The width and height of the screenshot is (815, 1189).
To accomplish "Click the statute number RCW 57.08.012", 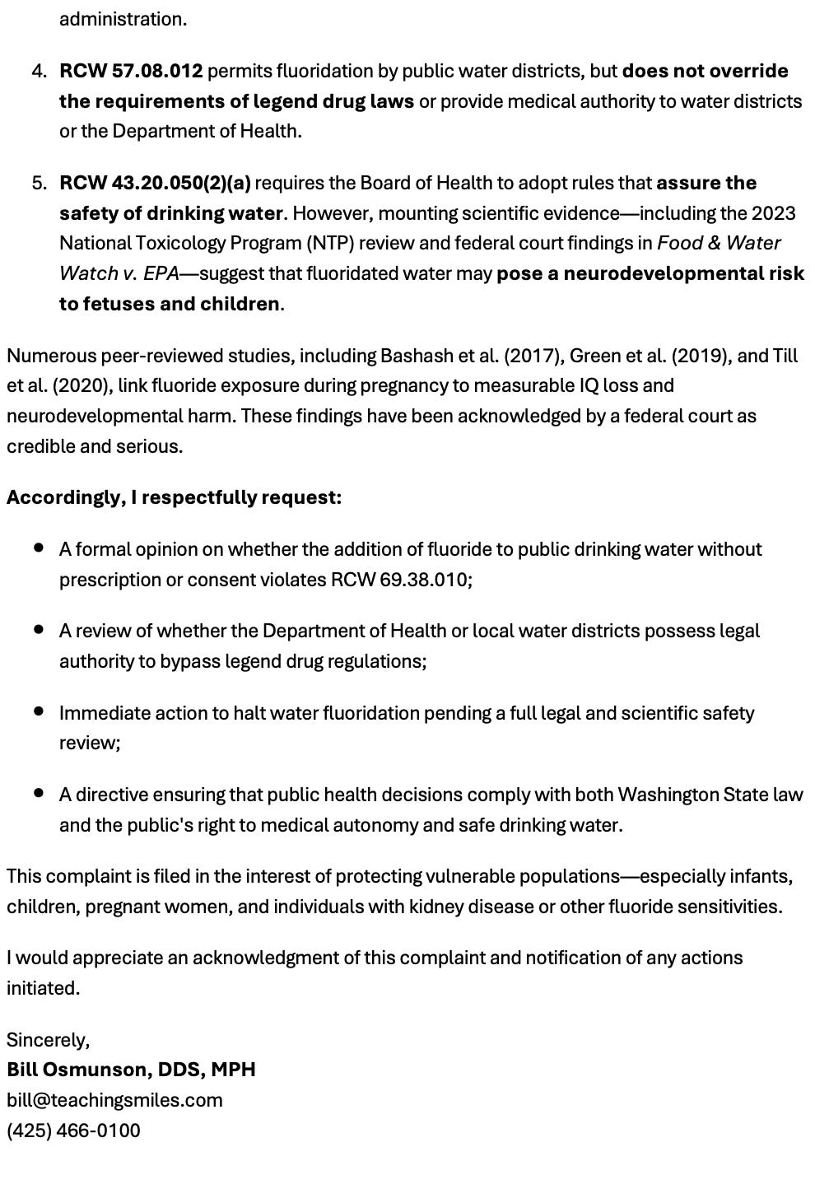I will (131, 72).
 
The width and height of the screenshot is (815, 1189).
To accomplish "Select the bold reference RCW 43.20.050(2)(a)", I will (155, 184).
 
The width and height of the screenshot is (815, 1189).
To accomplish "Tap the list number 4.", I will (39, 72).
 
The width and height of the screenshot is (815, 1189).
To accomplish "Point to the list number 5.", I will (39, 184).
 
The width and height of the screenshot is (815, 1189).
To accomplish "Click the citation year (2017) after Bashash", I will (533, 357).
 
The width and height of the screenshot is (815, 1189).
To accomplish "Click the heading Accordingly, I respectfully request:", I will (174, 498).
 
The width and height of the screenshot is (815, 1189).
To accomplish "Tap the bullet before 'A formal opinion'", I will (39, 548).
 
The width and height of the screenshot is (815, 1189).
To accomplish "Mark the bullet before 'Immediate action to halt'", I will (39, 711).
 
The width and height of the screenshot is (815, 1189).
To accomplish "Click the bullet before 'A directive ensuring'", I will (39, 793).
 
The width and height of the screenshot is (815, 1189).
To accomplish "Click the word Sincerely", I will (47, 1040).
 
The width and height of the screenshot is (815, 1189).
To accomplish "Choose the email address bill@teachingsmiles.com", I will (114, 1100).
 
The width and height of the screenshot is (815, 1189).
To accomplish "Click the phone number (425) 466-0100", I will (73, 1131).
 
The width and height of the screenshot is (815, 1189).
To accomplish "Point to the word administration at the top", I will (122, 19).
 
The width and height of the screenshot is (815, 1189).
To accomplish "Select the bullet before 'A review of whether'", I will (39, 629).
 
